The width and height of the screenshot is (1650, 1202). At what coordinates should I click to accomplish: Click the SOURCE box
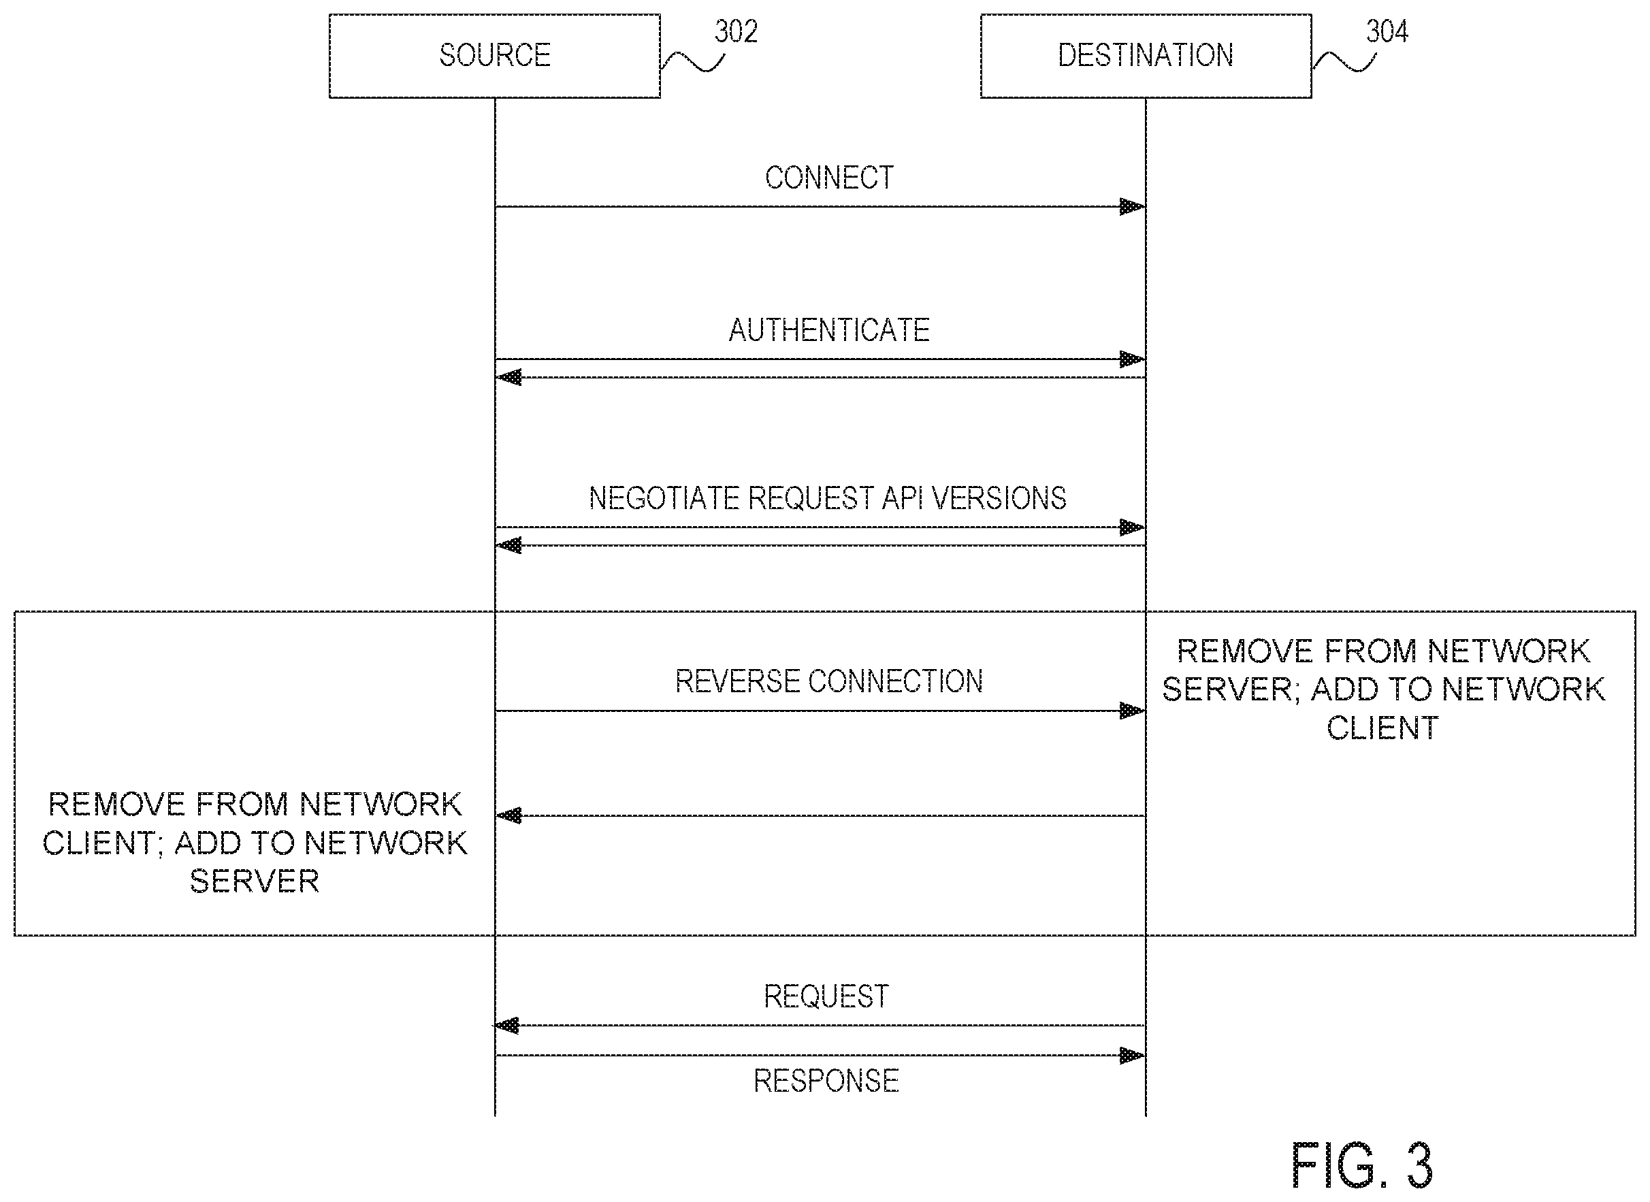click(495, 56)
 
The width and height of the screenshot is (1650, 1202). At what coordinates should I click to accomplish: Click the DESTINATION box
click(1146, 56)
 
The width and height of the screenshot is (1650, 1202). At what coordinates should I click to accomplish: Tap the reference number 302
click(736, 31)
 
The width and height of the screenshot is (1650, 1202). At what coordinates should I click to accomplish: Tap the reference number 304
click(1387, 31)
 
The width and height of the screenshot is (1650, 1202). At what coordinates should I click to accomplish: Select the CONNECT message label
click(829, 178)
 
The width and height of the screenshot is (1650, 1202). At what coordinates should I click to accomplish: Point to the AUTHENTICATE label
click(829, 330)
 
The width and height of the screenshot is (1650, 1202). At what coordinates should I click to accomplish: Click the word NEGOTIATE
click(665, 498)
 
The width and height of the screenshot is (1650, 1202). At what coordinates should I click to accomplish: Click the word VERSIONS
click(999, 498)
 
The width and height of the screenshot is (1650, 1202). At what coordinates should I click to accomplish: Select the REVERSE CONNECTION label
click(829, 682)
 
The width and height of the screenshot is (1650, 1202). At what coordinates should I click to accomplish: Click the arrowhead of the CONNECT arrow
click(1133, 207)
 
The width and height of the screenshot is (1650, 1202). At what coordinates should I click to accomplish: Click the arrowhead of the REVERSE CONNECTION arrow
click(1133, 711)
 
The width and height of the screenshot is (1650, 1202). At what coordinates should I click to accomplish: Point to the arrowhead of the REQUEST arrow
click(508, 1026)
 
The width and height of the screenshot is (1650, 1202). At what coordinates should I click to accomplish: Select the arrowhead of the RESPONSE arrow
click(1133, 1056)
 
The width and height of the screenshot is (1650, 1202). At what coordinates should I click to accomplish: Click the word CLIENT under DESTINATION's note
click(1383, 728)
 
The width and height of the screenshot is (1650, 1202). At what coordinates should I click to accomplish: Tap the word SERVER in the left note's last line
click(255, 882)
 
